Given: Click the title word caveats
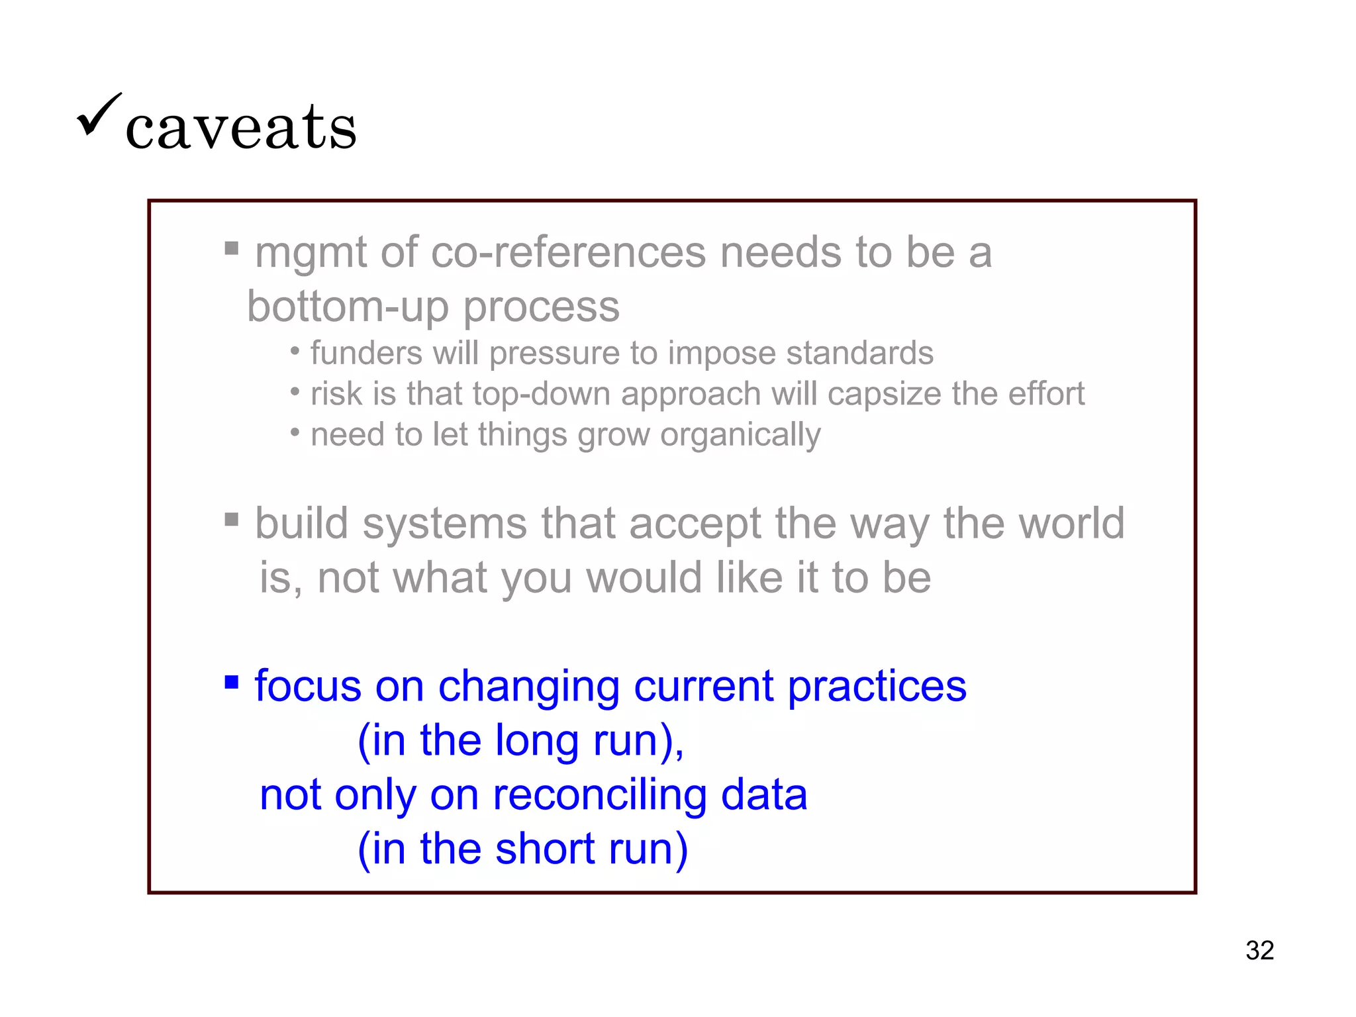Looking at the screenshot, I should (241, 127).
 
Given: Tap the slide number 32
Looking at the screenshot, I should (1259, 950).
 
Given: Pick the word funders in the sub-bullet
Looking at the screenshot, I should (366, 353).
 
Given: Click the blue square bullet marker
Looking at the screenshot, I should (231, 682).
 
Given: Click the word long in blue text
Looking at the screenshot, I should (537, 741).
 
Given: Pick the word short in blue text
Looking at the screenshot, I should (545, 849).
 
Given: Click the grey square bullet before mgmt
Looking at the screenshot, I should (231, 248).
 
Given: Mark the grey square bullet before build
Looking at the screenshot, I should (231, 518).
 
